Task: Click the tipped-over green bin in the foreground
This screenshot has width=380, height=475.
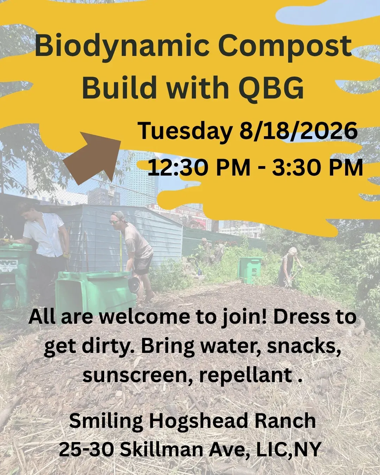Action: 95,289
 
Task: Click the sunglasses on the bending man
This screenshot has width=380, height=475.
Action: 114,222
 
